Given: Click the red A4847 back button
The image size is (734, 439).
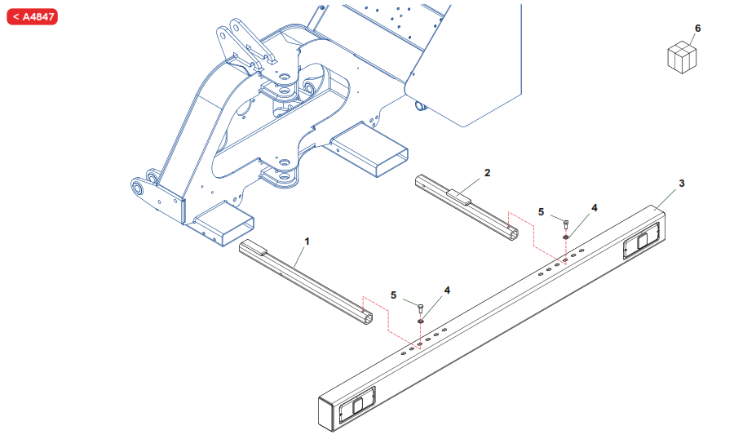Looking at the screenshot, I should click(33, 16).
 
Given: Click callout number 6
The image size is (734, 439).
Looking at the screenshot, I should click(697, 29).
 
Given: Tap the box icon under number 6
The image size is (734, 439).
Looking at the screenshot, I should click(683, 58).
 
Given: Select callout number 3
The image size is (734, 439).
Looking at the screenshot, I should click(682, 183).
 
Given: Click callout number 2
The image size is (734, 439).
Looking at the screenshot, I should click(487, 173).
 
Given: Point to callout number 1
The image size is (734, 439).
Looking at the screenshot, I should click(307, 242).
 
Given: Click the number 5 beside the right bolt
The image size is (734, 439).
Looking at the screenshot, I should click(541, 212).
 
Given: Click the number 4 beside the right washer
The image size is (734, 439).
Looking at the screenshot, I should click(594, 208).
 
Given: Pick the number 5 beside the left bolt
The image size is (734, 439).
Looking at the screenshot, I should click(394, 295).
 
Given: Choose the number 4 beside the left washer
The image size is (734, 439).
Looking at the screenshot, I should click(447, 290).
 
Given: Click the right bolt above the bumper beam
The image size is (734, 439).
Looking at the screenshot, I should click(566, 223).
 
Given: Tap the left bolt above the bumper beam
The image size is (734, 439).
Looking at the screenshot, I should click(419, 308).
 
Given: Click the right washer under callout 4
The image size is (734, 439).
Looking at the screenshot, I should click(566, 237).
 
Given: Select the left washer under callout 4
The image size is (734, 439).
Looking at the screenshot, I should click(419, 321).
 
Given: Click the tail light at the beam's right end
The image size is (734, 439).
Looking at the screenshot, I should click(637, 243).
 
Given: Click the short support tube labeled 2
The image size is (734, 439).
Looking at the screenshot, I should click(465, 207).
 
